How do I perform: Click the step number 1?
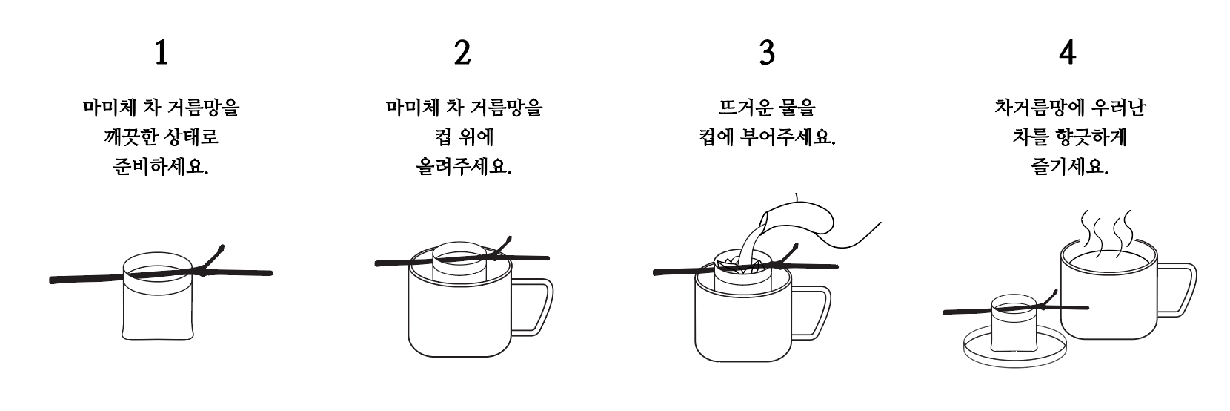[x=162, y=53]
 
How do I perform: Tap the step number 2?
[x=462, y=53]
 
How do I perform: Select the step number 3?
[x=767, y=53]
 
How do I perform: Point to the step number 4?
[x=1068, y=53]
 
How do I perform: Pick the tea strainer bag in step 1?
[x=158, y=297]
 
